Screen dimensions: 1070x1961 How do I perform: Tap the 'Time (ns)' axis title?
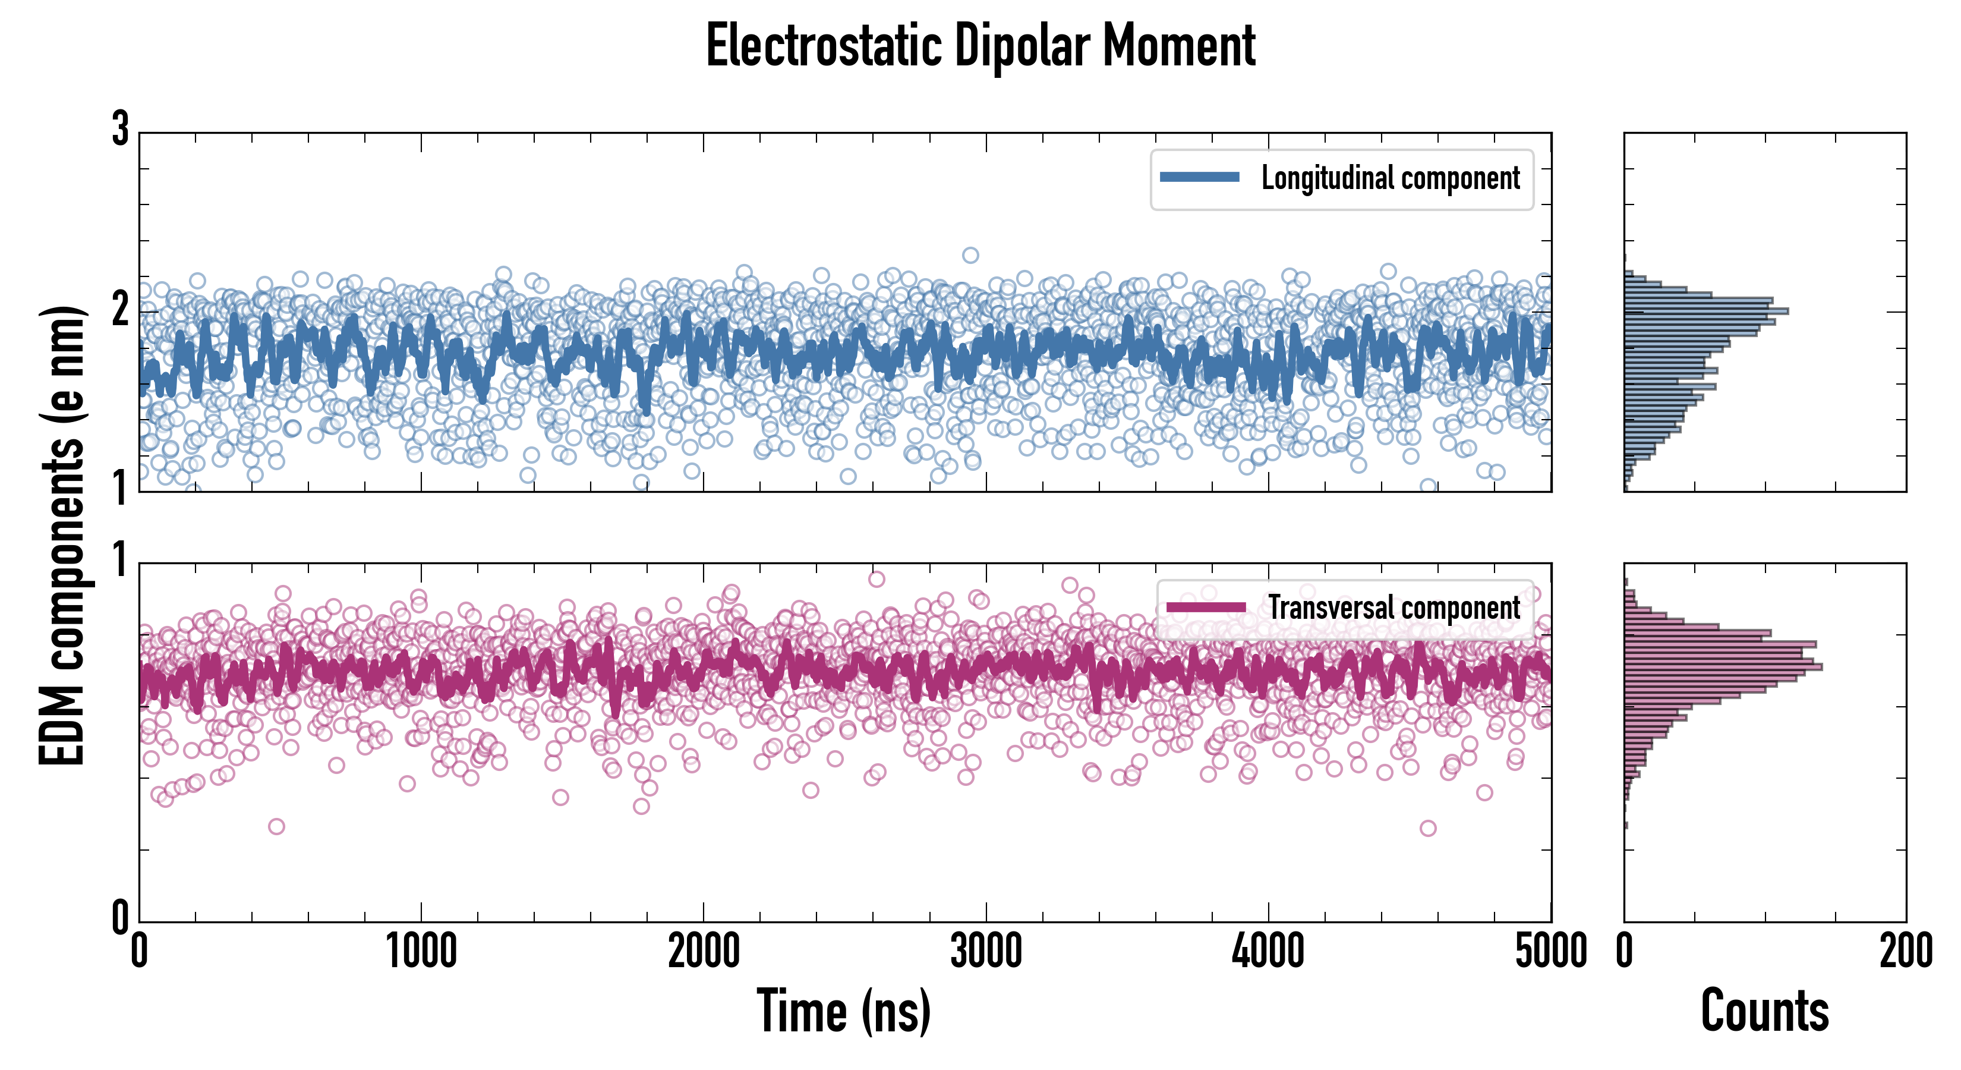point(843,1011)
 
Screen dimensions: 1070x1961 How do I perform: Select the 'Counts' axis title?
point(1764,1011)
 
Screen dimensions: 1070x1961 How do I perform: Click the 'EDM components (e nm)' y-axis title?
point(62,536)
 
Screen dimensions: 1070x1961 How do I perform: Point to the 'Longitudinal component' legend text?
point(1390,178)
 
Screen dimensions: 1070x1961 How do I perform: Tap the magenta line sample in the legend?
point(1206,607)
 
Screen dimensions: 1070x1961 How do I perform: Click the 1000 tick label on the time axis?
point(421,952)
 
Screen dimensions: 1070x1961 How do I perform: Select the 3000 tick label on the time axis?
point(986,952)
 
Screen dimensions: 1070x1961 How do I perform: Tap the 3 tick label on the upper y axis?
point(120,130)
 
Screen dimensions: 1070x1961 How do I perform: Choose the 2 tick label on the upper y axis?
point(120,310)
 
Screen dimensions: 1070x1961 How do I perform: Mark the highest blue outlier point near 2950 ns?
point(970,255)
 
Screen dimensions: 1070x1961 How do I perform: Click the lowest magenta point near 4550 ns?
point(1428,828)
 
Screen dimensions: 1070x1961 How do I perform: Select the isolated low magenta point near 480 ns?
point(276,826)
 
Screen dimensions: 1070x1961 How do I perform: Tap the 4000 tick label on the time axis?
point(1268,952)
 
